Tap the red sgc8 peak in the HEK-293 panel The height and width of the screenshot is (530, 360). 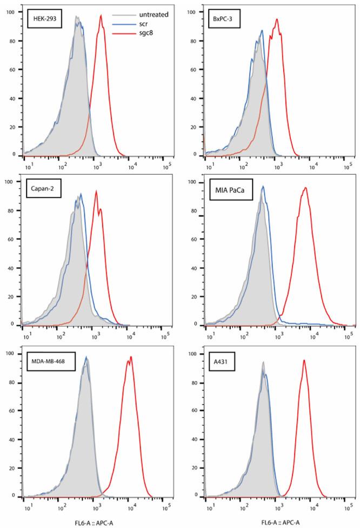(x=101, y=16)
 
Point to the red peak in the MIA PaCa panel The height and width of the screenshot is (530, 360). (x=306, y=188)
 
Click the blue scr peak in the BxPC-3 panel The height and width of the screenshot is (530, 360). (x=262, y=31)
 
